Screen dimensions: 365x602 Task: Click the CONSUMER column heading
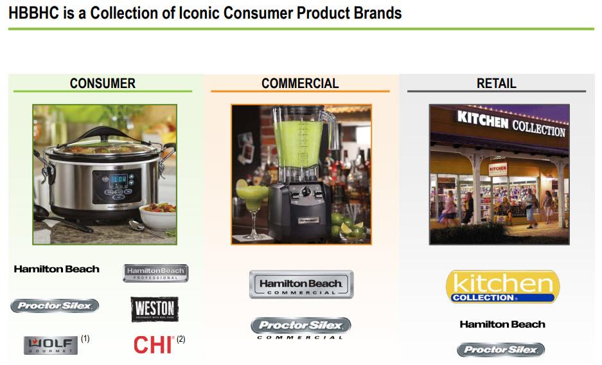(x=103, y=84)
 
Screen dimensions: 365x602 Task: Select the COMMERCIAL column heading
(x=300, y=84)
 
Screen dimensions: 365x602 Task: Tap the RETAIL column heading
(x=496, y=84)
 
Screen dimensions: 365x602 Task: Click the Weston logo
(x=154, y=310)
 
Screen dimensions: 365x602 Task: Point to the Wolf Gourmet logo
(x=51, y=345)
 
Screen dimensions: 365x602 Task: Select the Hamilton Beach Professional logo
(x=155, y=273)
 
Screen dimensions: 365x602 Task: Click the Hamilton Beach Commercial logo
(x=301, y=284)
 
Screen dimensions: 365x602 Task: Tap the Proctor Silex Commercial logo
(x=301, y=328)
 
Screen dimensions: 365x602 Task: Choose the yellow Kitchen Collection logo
(x=502, y=287)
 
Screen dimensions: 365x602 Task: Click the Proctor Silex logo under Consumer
(x=55, y=306)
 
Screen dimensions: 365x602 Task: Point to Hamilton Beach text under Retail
(x=502, y=325)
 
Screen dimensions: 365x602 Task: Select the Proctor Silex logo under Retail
(x=501, y=350)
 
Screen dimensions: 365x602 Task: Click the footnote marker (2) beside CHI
(x=181, y=339)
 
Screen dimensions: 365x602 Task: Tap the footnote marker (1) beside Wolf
(x=85, y=338)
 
